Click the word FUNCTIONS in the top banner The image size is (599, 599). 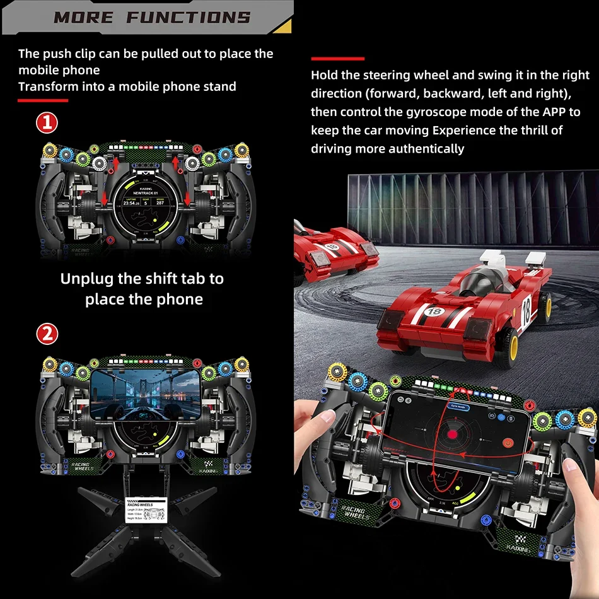[187, 17]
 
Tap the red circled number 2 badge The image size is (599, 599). [47, 334]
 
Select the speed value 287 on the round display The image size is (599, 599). [160, 203]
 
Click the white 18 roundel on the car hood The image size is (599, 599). [434, 312]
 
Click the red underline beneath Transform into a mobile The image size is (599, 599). [43, 100]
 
